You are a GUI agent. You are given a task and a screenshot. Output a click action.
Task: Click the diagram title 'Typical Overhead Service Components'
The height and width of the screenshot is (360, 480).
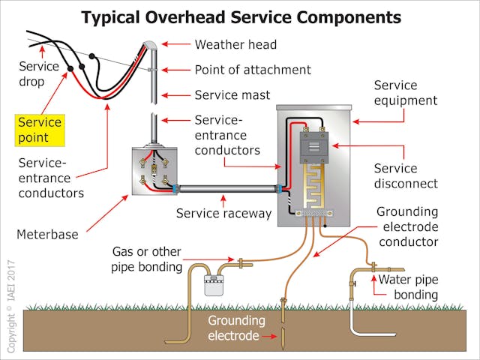241,16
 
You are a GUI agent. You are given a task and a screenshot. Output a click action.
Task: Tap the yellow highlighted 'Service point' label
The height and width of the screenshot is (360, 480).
40,130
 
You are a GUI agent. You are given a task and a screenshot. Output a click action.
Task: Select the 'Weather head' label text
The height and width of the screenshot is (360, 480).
235,45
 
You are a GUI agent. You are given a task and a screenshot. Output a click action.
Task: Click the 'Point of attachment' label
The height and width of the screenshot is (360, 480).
253,70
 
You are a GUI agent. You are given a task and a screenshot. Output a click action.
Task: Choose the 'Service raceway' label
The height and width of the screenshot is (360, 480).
223,214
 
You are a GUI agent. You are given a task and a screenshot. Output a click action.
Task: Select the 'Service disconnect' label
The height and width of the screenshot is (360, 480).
406,177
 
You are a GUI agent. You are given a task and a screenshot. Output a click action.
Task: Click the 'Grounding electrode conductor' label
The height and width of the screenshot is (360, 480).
409,226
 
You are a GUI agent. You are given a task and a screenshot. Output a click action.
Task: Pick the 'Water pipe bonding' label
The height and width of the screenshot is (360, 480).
408,287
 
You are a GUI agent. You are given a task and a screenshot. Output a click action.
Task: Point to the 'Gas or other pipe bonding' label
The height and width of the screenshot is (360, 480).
147,258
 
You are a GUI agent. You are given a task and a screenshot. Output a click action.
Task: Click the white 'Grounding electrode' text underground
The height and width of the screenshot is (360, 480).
237,328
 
